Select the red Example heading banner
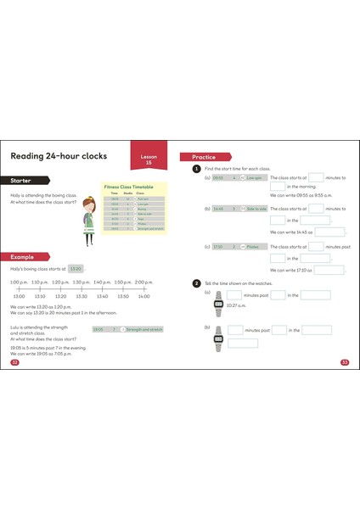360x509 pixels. coord(25,256)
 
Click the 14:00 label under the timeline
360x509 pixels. coord(143,297)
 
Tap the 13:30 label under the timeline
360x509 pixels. coord(81,297)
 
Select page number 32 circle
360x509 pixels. coord(14,362)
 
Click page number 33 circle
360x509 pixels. coord(345,362)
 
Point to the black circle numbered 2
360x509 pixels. coord(196,282)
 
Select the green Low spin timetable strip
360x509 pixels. coord(233,178)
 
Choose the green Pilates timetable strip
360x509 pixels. coord(233,246)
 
